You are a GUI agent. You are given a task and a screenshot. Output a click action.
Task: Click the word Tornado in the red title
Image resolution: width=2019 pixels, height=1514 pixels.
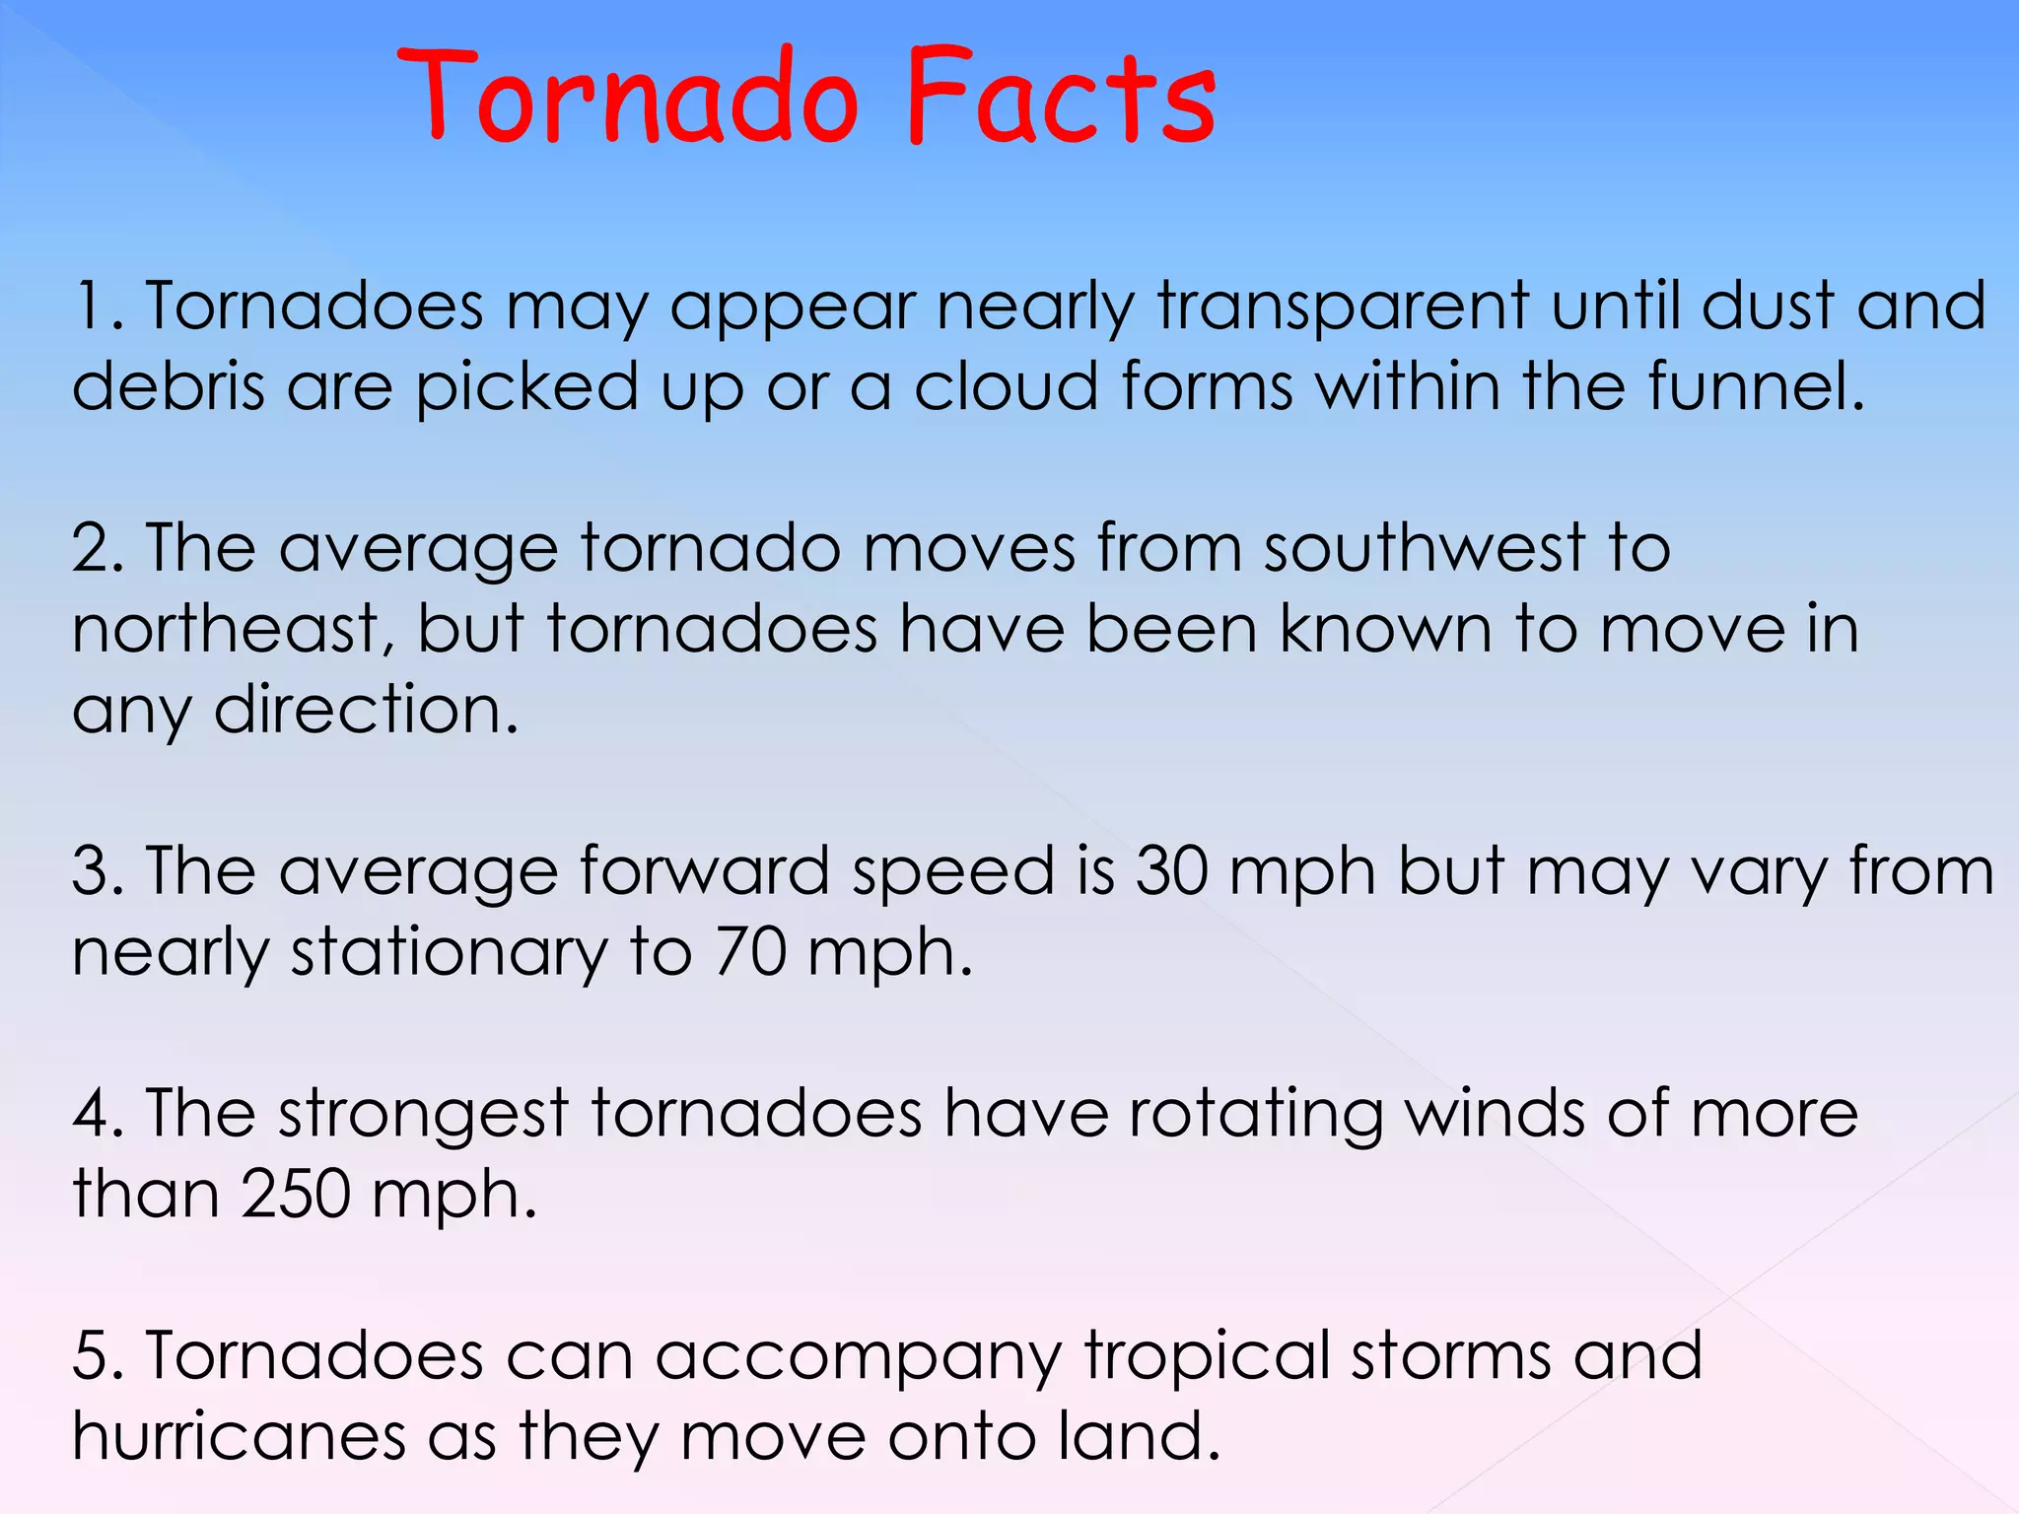pyautogui.click(x=628, y=99)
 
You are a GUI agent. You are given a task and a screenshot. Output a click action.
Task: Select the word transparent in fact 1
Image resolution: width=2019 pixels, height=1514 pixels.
pyautogui.click(x=1343, y=308)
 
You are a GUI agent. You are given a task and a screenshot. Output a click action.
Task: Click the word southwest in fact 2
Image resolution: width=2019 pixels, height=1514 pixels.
pyautogui.click(x=1425, y=548)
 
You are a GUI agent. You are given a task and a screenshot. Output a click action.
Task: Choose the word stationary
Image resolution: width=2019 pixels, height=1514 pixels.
pyautogui.click(x=449, y=954)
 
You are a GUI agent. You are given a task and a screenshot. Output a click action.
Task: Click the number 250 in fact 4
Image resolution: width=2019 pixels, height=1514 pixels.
pyautogui.click(x=295, y=1195)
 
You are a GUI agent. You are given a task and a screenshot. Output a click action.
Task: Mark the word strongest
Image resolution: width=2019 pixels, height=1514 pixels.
pyautogui.click(x=423, y=1116)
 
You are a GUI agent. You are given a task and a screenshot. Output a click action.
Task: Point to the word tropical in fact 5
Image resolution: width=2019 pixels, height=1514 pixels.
pyautogui.click(x=1207, y=1358)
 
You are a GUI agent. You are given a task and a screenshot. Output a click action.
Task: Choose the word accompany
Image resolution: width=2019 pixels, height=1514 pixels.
pyautogui.click(x=858, y=1358)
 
